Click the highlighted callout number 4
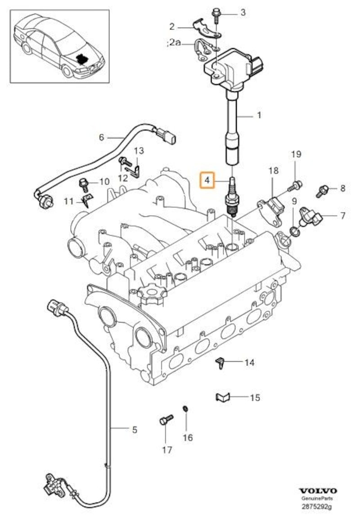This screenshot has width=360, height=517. pos(207,181)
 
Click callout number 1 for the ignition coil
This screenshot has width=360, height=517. pos(259,116)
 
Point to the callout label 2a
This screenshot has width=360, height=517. pos(173,43)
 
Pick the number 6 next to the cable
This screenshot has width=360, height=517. pos(101,136)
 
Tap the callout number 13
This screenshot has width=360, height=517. pos(138,150)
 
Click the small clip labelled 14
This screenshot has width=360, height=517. pos(220,362)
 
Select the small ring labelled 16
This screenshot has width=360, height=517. pos(184,408)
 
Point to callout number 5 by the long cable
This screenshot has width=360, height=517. pos(134,430)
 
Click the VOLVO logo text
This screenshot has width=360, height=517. pos(318,490)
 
